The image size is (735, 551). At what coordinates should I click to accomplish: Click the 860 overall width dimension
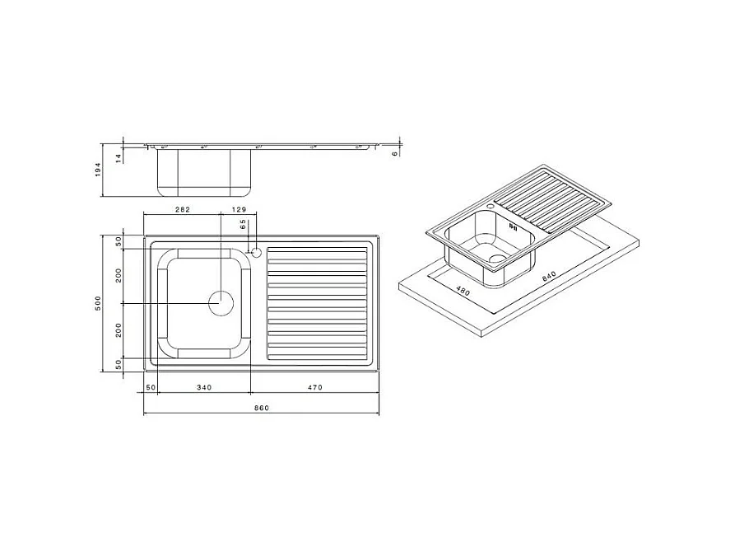(262, 408)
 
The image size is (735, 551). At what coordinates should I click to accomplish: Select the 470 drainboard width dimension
(314, 387)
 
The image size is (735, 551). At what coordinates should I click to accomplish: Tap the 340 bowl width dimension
(204, 387)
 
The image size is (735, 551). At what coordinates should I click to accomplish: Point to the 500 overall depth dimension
(98, 303)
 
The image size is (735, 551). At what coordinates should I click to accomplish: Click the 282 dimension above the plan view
(183, 210)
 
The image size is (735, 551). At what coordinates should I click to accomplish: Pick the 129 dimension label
(239, 210)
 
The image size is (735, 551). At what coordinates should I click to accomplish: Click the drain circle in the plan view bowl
(221, 303)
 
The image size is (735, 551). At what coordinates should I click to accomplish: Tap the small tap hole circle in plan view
(256, 251)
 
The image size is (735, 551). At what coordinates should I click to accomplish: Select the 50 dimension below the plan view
(151, 387)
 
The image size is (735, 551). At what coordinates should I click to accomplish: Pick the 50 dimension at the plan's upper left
(118, 241)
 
